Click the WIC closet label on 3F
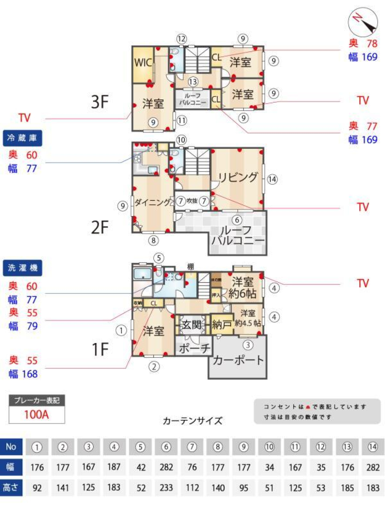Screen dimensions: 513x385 [x=143, y=63]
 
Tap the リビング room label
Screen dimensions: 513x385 [x=238, y=177]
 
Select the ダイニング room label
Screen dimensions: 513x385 [x=152, y=202]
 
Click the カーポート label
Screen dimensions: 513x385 [x=238, y=360]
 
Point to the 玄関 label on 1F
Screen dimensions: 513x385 [x=191, y=324]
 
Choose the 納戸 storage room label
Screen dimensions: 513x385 [x=222, y=324]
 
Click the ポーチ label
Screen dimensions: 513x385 [x=194, y=348]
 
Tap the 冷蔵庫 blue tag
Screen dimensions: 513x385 [x=22, y=138]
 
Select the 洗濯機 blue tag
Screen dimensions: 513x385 [x=22, y=268]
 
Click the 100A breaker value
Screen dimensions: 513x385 [x=36, y=414]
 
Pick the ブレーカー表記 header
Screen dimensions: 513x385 [x=36, y=400]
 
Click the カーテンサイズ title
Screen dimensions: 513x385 [x=192, y=421]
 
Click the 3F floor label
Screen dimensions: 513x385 [x=100, y=102]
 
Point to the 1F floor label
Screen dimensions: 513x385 [x=100, y=349]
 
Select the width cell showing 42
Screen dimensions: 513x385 [x=140, y=467]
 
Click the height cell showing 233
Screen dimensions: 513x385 [x=166, y=488]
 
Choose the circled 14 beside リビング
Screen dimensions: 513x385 [x=272, y=179]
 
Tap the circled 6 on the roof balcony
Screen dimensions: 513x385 [x=237, y=220]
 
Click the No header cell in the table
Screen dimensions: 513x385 [x=11, y=446]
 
